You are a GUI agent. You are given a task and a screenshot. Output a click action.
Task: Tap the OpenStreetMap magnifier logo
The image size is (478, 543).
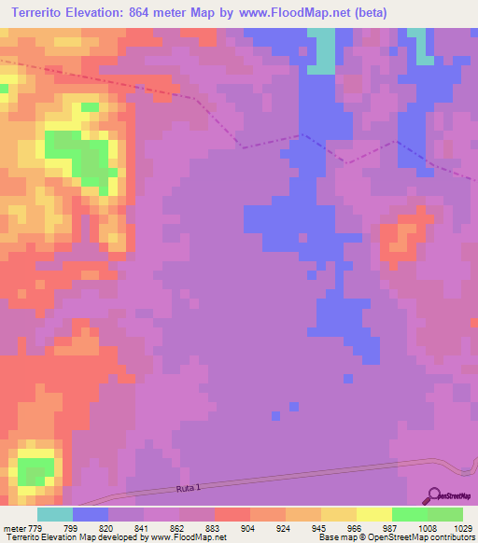[435, 494]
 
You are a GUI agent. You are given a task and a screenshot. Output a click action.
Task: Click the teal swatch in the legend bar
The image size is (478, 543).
[55, 514]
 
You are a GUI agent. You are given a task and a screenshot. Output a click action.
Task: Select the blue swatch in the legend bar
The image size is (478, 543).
[91, 514]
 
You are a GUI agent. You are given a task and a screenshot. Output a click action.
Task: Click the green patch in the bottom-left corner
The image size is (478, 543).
[35, 469]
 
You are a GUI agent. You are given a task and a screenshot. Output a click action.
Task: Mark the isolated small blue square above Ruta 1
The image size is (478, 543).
[293, 407]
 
